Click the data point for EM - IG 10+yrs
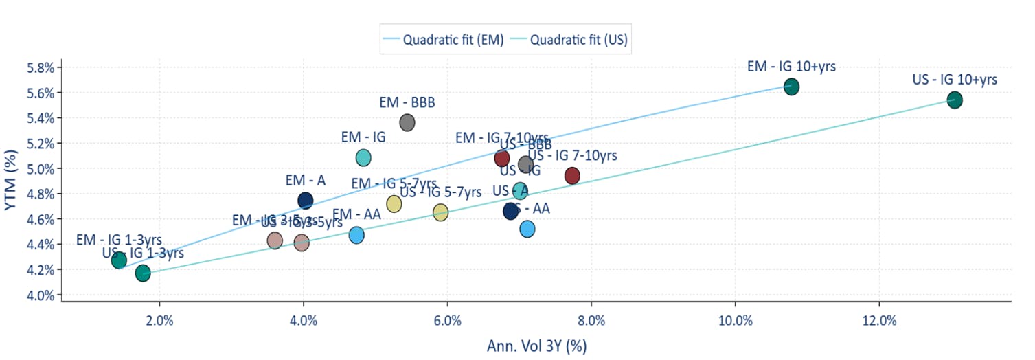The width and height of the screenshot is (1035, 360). click(791, 87)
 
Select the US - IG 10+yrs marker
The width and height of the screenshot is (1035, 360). click(954, 100)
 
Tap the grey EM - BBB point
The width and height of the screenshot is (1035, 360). click(407, 123)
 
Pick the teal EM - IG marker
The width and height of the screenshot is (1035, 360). click(363, 157)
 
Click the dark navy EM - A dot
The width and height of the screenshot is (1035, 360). click(306, 201)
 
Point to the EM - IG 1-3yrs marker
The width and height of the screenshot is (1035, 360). click(120, 260)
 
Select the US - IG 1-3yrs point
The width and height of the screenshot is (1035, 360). click(143, 273)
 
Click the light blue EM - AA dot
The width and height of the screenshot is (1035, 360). click(356, 235)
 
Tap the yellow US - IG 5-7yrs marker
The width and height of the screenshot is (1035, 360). click(440, 212)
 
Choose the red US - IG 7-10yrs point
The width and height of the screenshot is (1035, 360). click(572, 176)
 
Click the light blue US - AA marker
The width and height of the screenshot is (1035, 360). click(527, 229)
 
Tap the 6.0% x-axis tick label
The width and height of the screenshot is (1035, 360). click(447, 321)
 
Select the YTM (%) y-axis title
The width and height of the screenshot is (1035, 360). click(12, 180)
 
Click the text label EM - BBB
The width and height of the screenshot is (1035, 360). click(407, 103)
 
